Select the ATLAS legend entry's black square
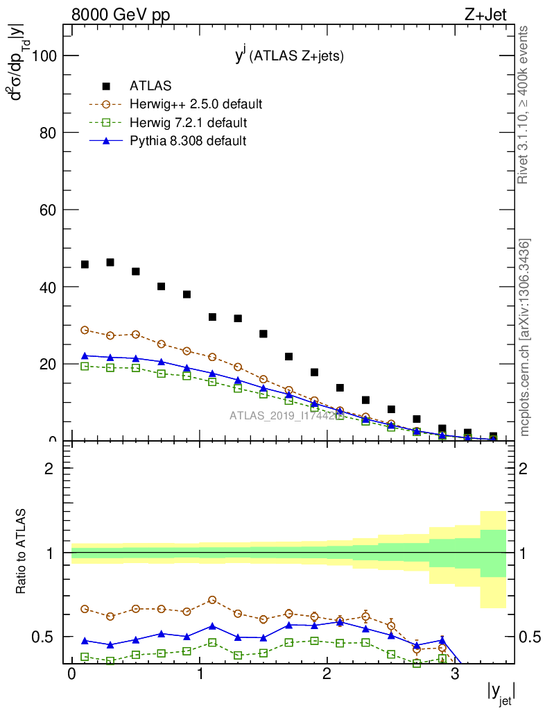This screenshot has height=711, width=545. tap(106, 86)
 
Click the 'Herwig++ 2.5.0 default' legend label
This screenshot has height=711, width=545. tap(196, 105)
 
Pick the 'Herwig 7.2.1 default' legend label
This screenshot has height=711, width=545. tap(188, 123)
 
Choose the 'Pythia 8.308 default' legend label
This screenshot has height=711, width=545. tap(188, 141)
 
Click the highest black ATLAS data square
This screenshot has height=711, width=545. tap(110, 262)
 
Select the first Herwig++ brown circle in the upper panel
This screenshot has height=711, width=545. tap(85, 331)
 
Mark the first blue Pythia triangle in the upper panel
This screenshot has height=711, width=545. tap(85, 355)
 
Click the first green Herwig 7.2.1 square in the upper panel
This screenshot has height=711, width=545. tap(85, 366)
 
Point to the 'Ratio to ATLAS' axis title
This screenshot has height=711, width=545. tap(21, 552)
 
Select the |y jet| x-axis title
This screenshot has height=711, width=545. tap(499, 694)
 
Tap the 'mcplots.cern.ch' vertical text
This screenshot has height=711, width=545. tap(525, 338)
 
